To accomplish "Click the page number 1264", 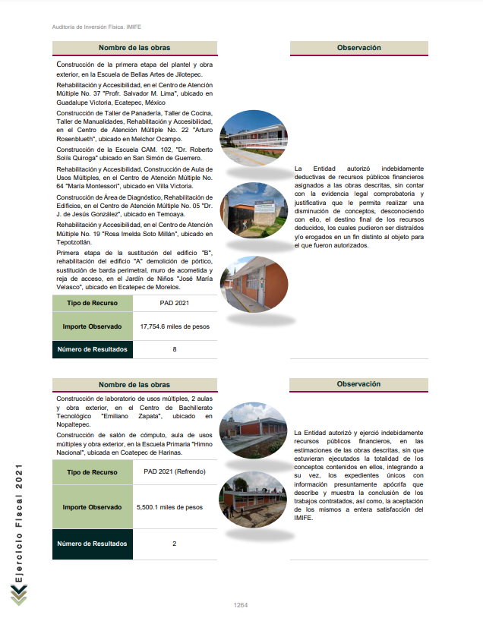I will (241, 605).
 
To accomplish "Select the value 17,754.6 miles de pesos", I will (174, 326).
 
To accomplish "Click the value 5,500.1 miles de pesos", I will (169, 506).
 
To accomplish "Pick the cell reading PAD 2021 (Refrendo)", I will (174, 472).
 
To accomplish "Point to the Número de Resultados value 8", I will (174, 350).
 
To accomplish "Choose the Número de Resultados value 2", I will (174, 544).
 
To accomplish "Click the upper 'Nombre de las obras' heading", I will (134, 49).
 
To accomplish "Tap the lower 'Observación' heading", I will (358, 384).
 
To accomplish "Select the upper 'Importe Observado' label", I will (91, 326).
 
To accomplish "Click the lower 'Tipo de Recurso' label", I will (91, 472).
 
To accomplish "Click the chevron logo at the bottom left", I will (19, 596).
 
